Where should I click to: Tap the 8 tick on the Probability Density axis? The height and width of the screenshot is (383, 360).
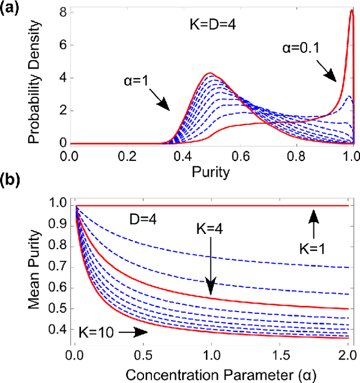[65, 11]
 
